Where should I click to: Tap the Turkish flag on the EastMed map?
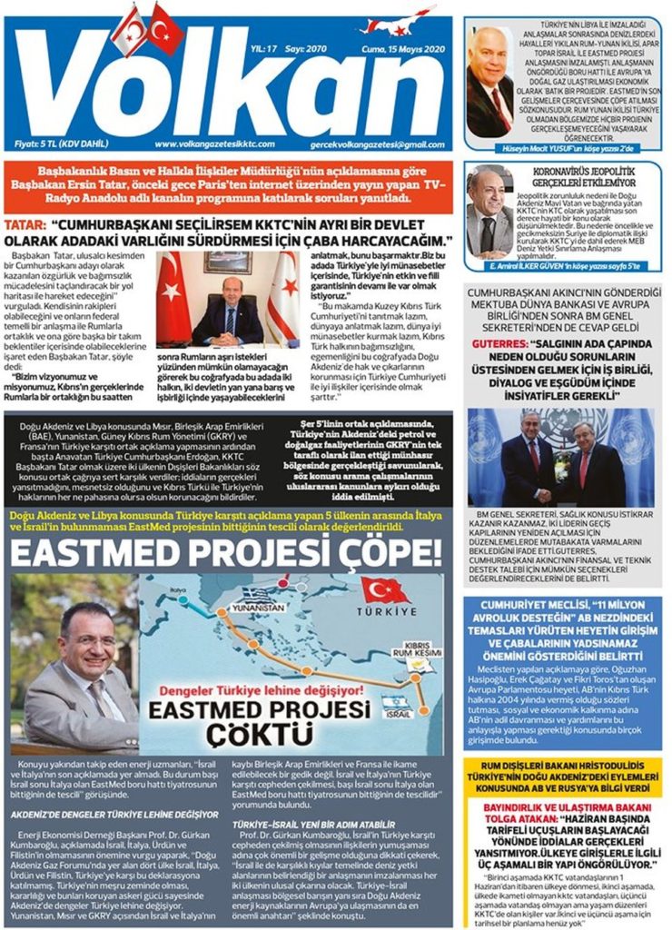click(x=386, y=592)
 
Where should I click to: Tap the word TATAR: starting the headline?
click(x=26, y=221)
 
